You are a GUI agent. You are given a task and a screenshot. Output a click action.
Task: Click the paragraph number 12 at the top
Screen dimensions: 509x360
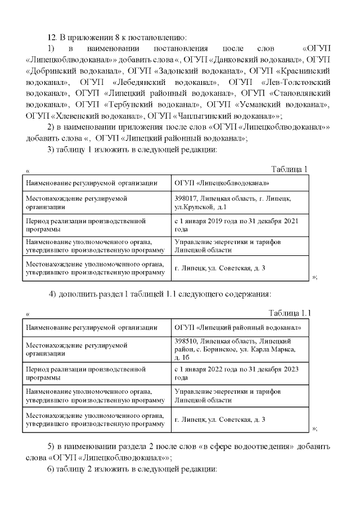tap(51, 38)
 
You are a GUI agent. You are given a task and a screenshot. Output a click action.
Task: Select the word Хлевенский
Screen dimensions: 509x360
tap(70, 115)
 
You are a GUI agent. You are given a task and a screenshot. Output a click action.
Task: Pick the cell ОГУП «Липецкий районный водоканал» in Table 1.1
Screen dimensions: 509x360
tap(238, 327)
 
